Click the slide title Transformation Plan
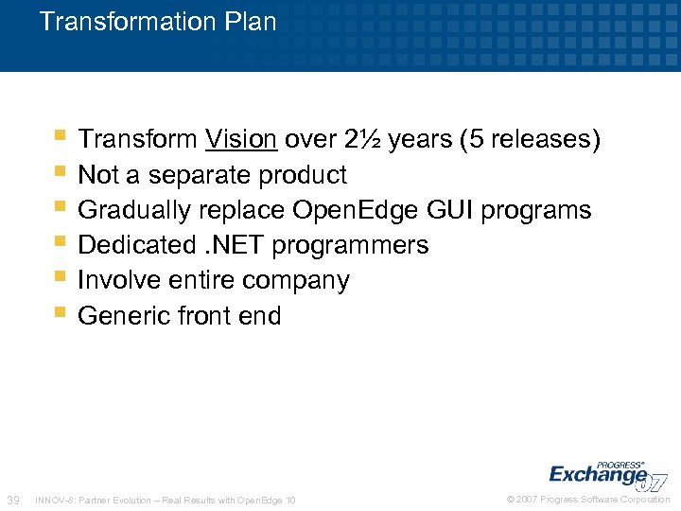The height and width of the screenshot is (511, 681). click(x=158, y=22)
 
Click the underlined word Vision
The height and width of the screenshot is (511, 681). click(x=241, y=140)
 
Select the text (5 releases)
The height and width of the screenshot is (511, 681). click(x=529, y=140)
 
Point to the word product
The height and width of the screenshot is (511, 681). click(x=300, y=175)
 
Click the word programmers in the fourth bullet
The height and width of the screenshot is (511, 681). click(x=350, y=245)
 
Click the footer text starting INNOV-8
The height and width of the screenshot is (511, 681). click(x=165, y=500)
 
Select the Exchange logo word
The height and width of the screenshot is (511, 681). click(x=598, y=473)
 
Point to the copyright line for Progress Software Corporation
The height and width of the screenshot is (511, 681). click(x=588, y=499)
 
